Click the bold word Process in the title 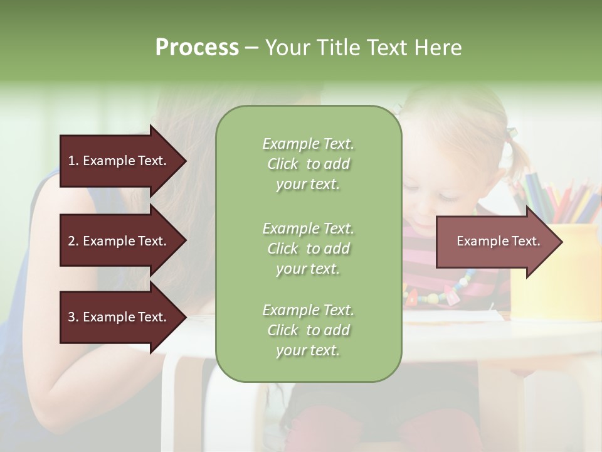click(197, 48)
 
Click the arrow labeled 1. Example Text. click(119, 161)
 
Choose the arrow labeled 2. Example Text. click(119, 241)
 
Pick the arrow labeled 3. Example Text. click(119, 317)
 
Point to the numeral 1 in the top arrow click(71, 161)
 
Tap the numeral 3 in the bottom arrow click(71, 317)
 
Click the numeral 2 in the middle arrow click(71, 241)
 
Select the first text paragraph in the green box click(308, 164)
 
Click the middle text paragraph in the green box click(308, 249)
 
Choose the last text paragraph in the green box click(308, 330)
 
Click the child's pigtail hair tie click(512, 132)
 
